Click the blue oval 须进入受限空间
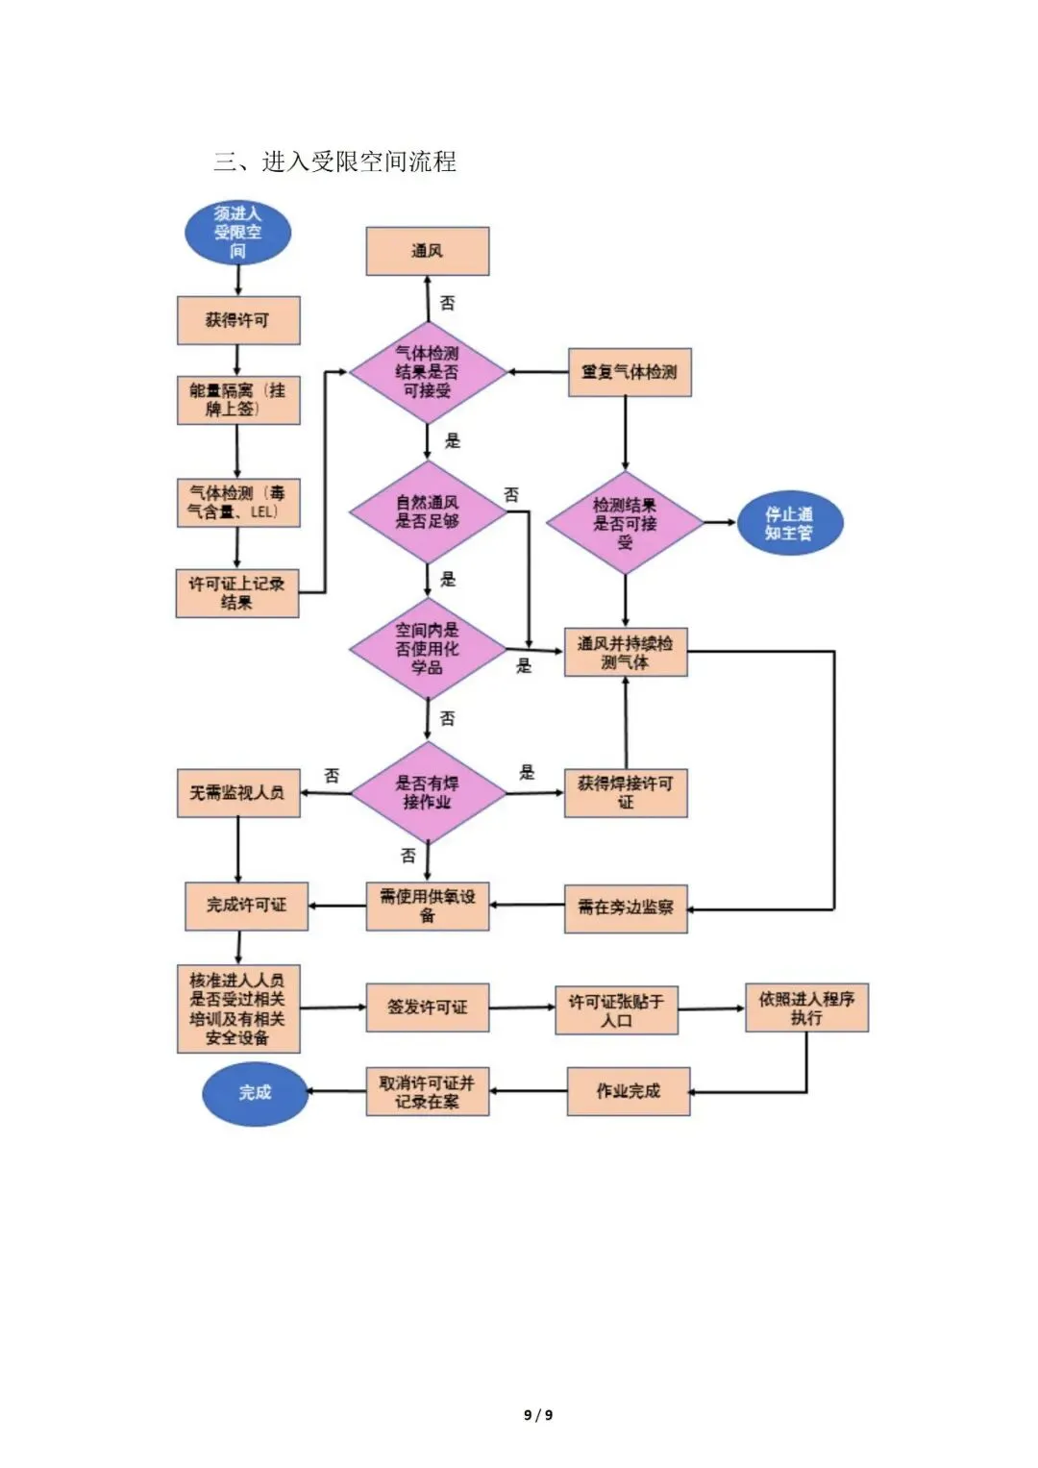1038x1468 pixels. [237, 233]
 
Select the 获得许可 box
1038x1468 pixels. [238, 320]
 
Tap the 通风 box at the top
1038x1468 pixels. [428, 251]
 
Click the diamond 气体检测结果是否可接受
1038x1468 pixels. [428, 372]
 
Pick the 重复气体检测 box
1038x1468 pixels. [630, 372]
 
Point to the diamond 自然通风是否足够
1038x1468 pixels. [428, 511]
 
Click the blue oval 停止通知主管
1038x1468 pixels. [790, 523]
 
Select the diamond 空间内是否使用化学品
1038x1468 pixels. [428, 649]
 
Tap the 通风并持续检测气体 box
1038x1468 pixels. [626, 652]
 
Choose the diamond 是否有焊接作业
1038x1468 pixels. [429, 793]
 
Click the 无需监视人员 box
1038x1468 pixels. [238, 793]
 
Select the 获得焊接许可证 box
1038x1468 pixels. [626, 793]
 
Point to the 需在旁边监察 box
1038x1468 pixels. [626, 909]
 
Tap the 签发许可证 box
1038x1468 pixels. [428, 1008]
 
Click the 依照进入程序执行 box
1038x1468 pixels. [806, 1008]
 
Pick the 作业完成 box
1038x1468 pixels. [629, 1091]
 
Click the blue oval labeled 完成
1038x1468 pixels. [255, 1092]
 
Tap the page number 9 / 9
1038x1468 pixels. [538, 1415]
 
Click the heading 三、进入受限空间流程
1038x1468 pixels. [334, 162]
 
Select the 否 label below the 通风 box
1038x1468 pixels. [447, 303]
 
